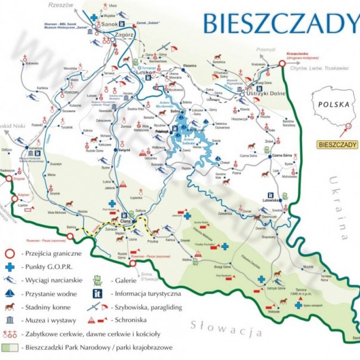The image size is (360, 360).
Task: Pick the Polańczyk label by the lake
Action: pos(162,132)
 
